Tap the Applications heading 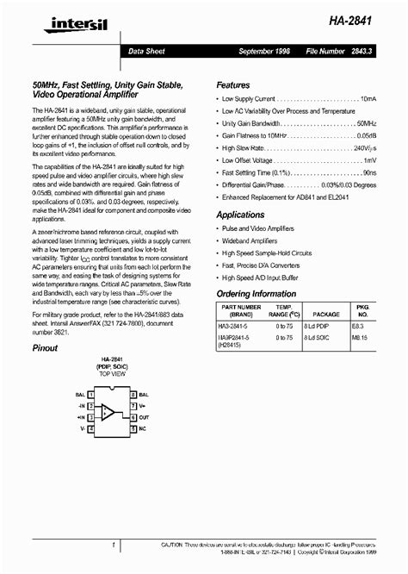(x=240, y=214)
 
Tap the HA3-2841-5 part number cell (x=241, y=327)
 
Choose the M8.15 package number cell (x=362, y=339)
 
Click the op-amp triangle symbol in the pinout (x=107, y=411)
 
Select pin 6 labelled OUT (x=134, y=415)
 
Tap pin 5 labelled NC (x=134, y=427)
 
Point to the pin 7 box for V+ (x=134, y=403)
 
